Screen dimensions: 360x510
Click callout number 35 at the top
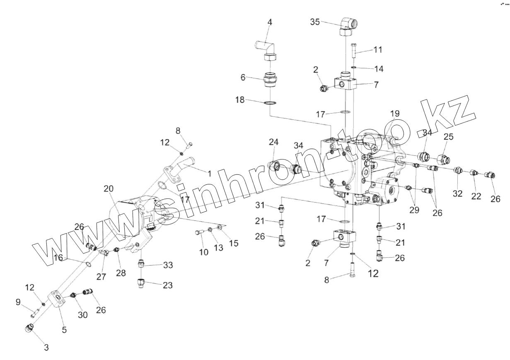click(315, 22)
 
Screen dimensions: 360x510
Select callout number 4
click(270, 22)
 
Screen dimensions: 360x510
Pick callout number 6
click(243, 77)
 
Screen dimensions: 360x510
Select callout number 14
click(379, 68)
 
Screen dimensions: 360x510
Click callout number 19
click(394, 113)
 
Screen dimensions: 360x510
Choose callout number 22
click(476, 196)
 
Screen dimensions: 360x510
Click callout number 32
click(457, 194)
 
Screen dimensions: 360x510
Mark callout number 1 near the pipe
click(210, 174)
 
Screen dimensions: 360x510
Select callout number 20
click(109, 188)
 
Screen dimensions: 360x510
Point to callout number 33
click(168, 265)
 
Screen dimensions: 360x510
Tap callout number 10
click(203, 251)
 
